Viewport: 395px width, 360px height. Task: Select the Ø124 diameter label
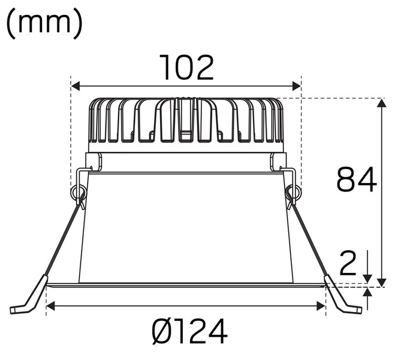click(190, 331)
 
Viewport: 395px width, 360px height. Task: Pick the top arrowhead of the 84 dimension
click(381, 103)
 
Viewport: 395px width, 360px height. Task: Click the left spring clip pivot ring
click(77, 193)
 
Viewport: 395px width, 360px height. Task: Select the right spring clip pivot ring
click(294, 193)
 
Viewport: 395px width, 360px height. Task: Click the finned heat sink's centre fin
click(186, 120)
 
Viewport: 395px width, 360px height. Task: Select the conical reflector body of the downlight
click(186, 228)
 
